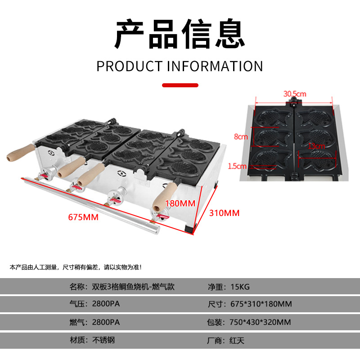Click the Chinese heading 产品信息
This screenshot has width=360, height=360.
click(x=180, y=34)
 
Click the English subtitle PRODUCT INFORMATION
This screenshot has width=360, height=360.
click(x=180, y=66)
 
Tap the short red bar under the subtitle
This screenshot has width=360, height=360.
click(x=180, y=85)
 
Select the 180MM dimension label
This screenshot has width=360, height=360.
click(x=180, y=203)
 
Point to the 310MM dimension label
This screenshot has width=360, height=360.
click(x=225, y=213)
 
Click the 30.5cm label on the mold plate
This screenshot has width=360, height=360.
click(x=295, y=94)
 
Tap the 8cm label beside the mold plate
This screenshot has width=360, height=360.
click(x=240, y=136)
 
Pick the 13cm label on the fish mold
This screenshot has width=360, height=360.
click(x=317, y=146)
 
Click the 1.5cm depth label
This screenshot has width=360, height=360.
click(x=237, y=166)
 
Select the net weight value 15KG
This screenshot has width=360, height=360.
click(x=241, y=286)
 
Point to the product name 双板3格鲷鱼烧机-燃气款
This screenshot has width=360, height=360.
click(x=133, y=286)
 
